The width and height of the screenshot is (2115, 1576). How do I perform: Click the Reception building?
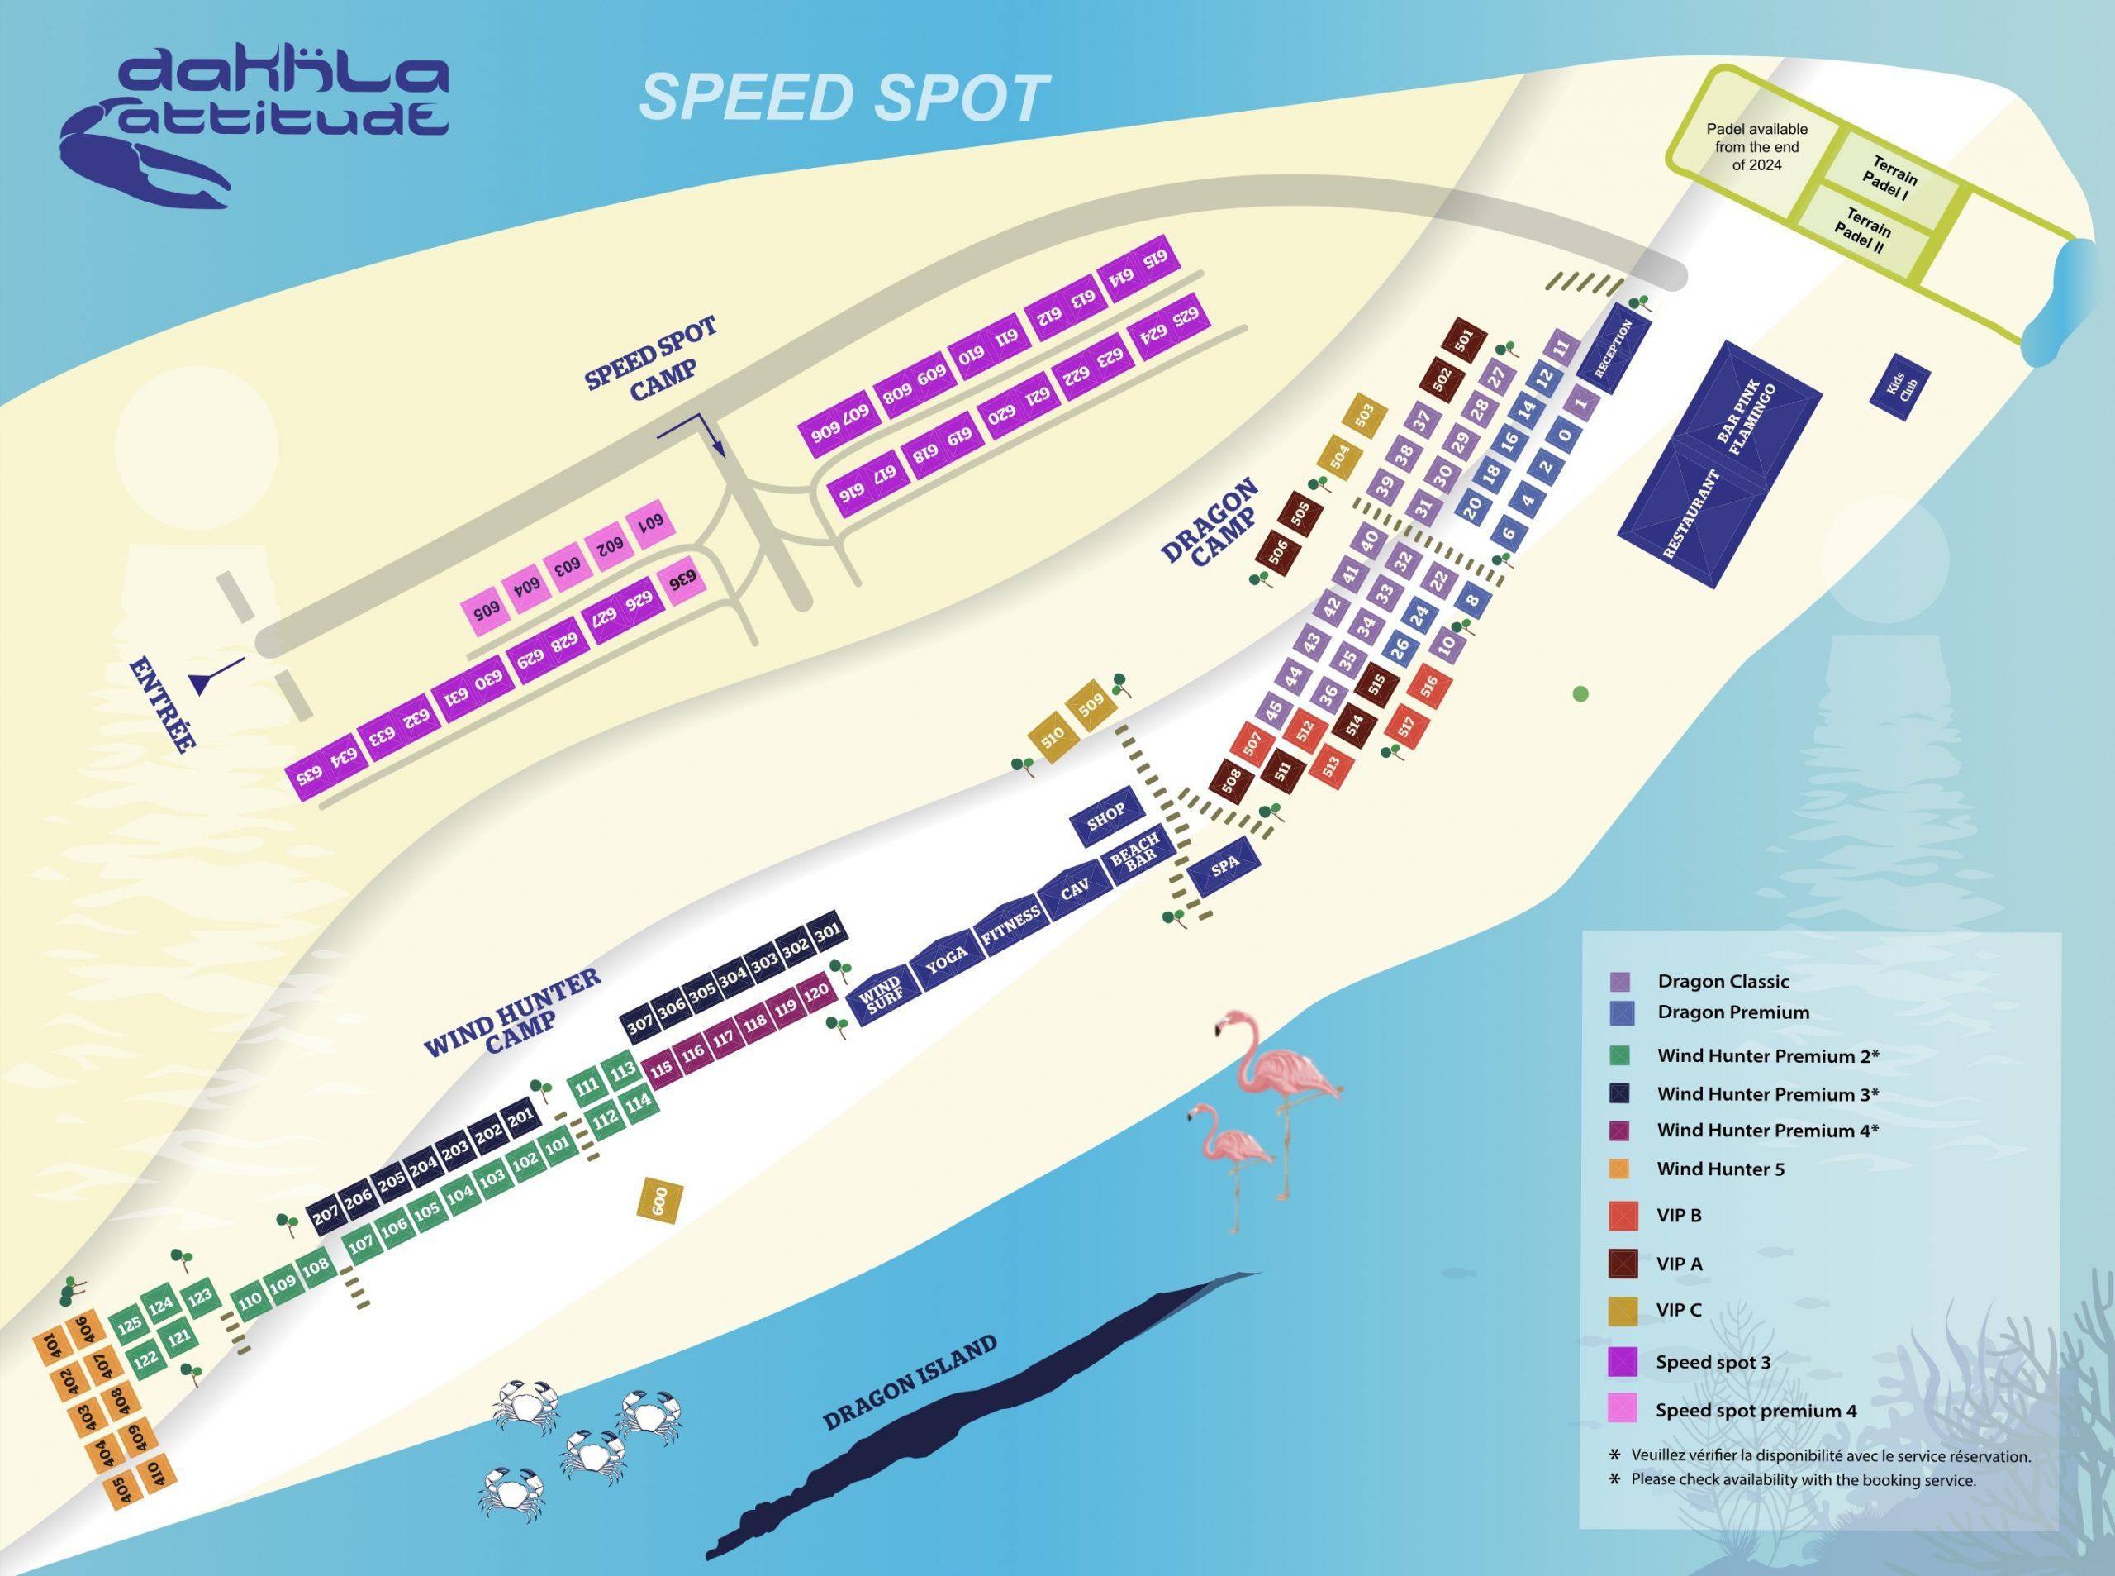(1615, 348)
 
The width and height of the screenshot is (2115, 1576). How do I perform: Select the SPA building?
(1225, 866)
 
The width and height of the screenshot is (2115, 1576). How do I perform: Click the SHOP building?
(1106, 815)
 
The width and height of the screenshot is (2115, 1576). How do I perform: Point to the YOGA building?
(947, 962)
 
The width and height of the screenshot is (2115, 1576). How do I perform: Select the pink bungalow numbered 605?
(487, 612)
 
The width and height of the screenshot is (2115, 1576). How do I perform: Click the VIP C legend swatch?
(1622, 1311)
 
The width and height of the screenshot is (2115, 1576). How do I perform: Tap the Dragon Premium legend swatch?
(1622, 1012)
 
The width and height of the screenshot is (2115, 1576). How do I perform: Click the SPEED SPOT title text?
(844, 98)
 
